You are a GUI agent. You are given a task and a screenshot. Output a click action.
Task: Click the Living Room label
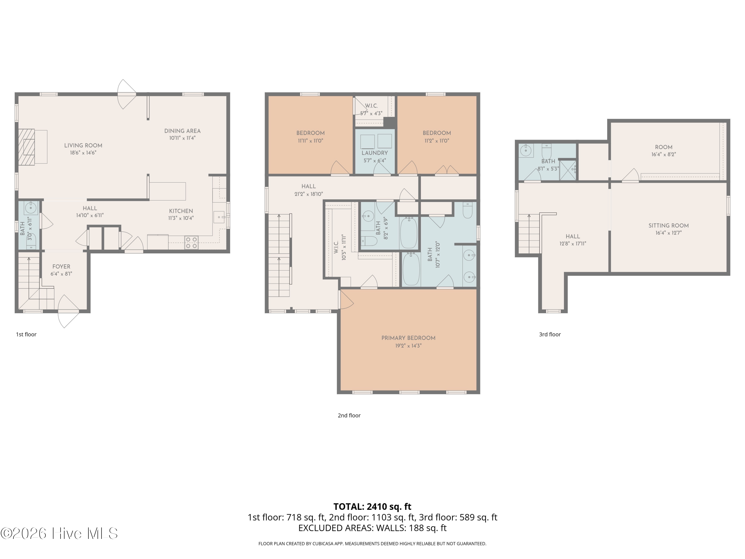coord(83,146)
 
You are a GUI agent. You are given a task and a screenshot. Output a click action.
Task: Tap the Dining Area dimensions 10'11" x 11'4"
coord(183,138)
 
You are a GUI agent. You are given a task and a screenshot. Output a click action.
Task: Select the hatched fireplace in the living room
coord(27,147)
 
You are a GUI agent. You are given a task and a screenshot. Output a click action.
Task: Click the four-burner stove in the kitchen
coord(191,242)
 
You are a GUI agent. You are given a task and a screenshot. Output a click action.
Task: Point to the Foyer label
coord(61,267)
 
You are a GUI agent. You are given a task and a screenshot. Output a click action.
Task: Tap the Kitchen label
coord(181,211)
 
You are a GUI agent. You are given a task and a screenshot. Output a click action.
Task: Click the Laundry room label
coord(375,153)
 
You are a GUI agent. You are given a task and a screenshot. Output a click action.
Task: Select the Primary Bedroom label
coord(409,338)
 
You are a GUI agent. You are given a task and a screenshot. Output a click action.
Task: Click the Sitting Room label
coord(669,226)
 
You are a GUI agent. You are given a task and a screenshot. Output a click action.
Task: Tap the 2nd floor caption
coord(349,415)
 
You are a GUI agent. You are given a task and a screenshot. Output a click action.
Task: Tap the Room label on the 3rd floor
coord(664,147)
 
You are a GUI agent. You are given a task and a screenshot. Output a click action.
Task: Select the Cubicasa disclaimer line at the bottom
coord(372,544)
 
